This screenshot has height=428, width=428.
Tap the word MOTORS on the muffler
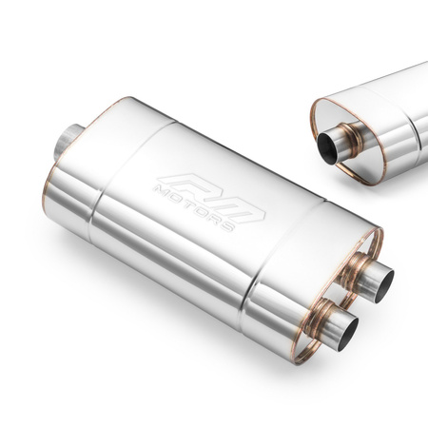[202, 205]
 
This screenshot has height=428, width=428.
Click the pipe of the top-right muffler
[338, 144]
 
